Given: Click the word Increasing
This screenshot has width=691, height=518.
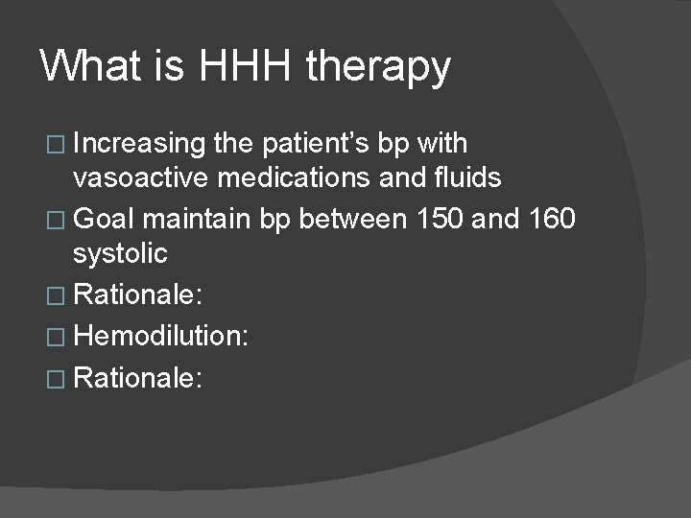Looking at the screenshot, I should [x=139, y=145].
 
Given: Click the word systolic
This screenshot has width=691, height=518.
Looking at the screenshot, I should [x=120, y=254].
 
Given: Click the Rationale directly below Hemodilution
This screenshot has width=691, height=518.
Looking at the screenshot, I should [x=137, y=377].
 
